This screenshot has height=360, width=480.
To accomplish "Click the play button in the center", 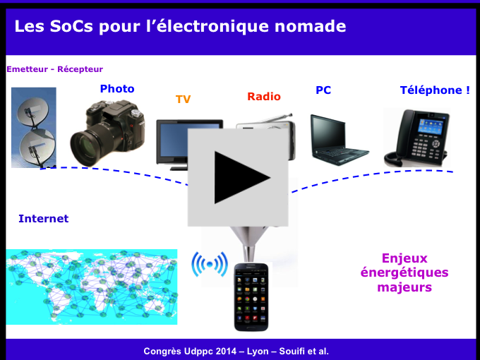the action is click(x=238, y=178).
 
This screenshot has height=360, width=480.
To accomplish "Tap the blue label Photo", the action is click(x=117, y=89).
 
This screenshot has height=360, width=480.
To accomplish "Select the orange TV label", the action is click(x=183, y=100).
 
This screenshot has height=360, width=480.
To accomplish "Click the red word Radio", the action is click(x=264, y=97).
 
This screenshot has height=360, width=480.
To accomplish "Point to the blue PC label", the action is click(x=323, y=90).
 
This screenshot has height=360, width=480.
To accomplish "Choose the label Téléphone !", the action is click(x=435, y=90).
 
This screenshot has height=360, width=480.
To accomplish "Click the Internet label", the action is click(x=44, y=219).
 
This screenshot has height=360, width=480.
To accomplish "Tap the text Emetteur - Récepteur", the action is click(x=55, y=69).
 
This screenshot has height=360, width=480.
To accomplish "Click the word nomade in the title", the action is click(x=310, y=26).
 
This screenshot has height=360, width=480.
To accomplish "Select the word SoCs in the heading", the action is click(x=71, y=26).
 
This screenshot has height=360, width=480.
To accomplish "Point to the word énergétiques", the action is click(x=404, y=272).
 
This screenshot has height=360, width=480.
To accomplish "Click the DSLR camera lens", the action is click(x=88, y=146).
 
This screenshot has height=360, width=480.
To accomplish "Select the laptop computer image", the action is click(x=339, y=140).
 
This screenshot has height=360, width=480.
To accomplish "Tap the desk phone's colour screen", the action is click(x=431, y=126).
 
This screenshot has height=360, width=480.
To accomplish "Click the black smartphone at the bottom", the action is click(x=251, y=297).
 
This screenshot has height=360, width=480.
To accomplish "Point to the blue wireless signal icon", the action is click(x=210, y=264).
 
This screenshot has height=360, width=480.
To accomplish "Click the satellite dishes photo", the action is click(x=34, y=128).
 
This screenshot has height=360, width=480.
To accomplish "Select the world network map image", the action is click(x=92, y=287).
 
